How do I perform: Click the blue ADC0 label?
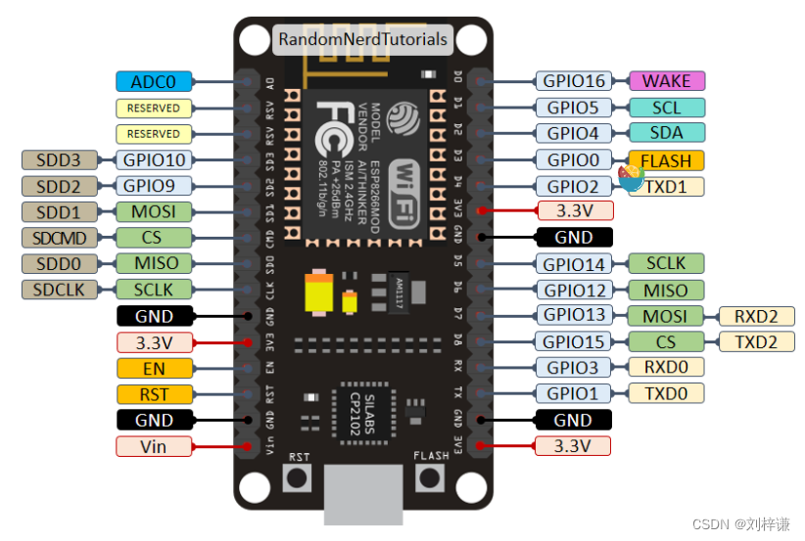click(153, 82)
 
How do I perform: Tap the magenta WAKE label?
click(666, 82)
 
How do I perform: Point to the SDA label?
click(666, 133)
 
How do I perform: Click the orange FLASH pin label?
click(666, 160)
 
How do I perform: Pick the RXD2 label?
click(757, 316)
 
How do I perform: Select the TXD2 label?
click(757, 341)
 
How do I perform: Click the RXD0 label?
click(666, 368)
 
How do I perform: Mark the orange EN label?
click(153, 369)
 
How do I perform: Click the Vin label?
click(153, 446)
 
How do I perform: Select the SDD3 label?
click(59, 159)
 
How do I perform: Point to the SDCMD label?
click(59, 238)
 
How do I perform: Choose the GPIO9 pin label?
click(153, 185)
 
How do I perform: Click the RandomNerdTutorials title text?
click(362, 40)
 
